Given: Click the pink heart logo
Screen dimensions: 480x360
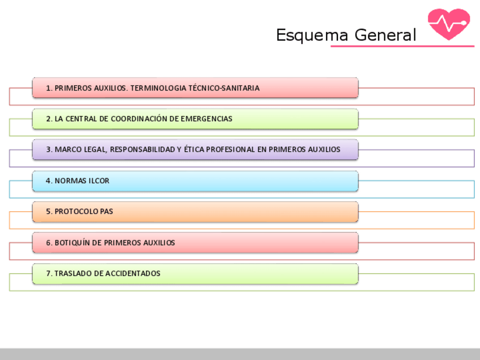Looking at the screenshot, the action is tap(449, 24).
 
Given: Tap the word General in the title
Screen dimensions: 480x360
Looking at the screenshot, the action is tap(385, 35).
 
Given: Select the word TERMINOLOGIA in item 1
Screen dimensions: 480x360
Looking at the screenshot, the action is tap(153, 88).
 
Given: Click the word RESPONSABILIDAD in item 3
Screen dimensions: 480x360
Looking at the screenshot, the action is tap(144, 149).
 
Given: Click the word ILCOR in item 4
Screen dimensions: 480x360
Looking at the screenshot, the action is tap(98, 181).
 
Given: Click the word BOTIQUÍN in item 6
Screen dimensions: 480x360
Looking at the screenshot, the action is tap(72, 243).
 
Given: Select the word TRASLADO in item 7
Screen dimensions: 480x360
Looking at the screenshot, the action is tap(71, 273).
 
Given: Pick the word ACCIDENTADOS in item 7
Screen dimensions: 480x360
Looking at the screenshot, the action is tap(133, 273).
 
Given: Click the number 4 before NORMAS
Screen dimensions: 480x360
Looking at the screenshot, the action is tap(48, 181).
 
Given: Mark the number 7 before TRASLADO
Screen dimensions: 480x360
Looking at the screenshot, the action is tap(48, 273).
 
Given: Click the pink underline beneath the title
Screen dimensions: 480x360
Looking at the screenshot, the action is tap(402, 46).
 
